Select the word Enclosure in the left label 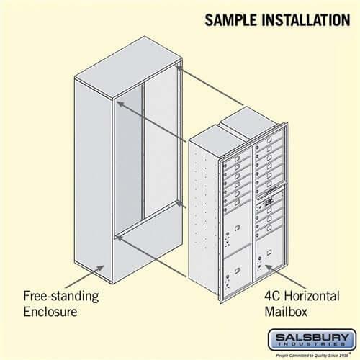[50, 312]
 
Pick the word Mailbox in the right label [282, 312]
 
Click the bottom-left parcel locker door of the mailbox [236, 271]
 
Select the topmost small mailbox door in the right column [269, 141]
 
